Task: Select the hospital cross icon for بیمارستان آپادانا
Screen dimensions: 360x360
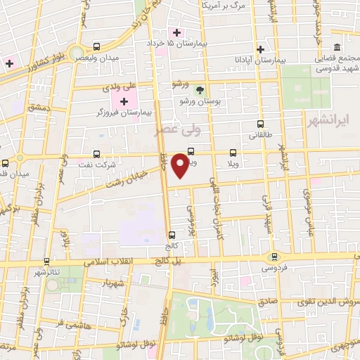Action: point(261,49)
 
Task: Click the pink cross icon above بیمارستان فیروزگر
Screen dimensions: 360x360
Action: point(124,103)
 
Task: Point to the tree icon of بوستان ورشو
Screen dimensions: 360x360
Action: point(199,89)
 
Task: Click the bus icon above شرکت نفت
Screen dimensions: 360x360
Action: point(97,153)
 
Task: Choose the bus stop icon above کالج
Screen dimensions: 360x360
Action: point(172,236)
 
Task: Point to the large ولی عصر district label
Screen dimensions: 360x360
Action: point(177,131)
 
